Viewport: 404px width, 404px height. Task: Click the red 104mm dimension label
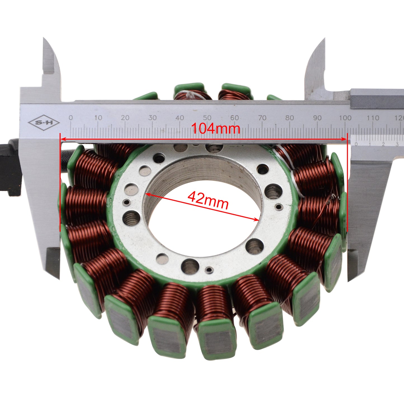click(215, 129)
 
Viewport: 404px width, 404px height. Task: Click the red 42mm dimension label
click(208, 200)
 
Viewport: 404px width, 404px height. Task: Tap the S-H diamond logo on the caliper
click(43, 122)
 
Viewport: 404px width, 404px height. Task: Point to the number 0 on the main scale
click(71, 118)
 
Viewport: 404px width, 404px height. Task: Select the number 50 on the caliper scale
click(207, 118)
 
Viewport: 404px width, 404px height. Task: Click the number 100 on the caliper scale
click(345, 118)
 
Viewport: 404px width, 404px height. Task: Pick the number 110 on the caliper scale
click(372, 118)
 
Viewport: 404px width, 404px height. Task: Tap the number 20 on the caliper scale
click(125, 118)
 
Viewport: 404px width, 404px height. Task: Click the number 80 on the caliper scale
click(290, 118)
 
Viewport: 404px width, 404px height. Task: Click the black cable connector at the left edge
click(10, 168)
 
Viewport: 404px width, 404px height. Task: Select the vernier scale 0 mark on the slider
click(356, 144)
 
